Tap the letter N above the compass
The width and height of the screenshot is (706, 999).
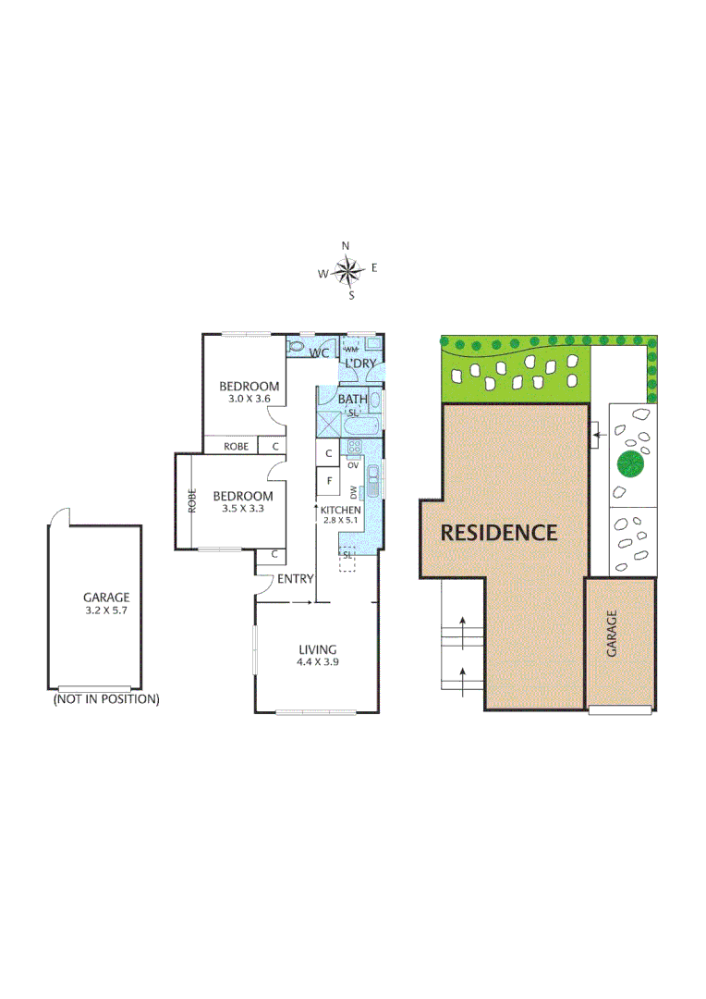click(346, 246)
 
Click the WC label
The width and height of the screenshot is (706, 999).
click(320, 353)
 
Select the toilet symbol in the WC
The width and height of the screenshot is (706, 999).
click(296, 346)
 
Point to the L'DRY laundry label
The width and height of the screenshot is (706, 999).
click(359, 364)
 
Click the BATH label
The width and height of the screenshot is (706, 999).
click(352, 400)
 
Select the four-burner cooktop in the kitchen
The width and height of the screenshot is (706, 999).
click(353, 449)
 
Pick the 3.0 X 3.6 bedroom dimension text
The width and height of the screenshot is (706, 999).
click(249, 399)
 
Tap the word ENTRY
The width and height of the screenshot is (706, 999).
click(296, 579)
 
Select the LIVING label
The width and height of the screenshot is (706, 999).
click(317, 649)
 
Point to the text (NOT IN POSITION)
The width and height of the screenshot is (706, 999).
click(106, 699)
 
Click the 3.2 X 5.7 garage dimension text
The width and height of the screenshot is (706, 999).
click(106, 610)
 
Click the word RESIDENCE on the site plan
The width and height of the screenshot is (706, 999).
click(498, 533)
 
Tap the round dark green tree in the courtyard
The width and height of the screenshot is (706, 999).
click(630, 462)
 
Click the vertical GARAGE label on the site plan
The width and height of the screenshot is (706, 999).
click(612, 635)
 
